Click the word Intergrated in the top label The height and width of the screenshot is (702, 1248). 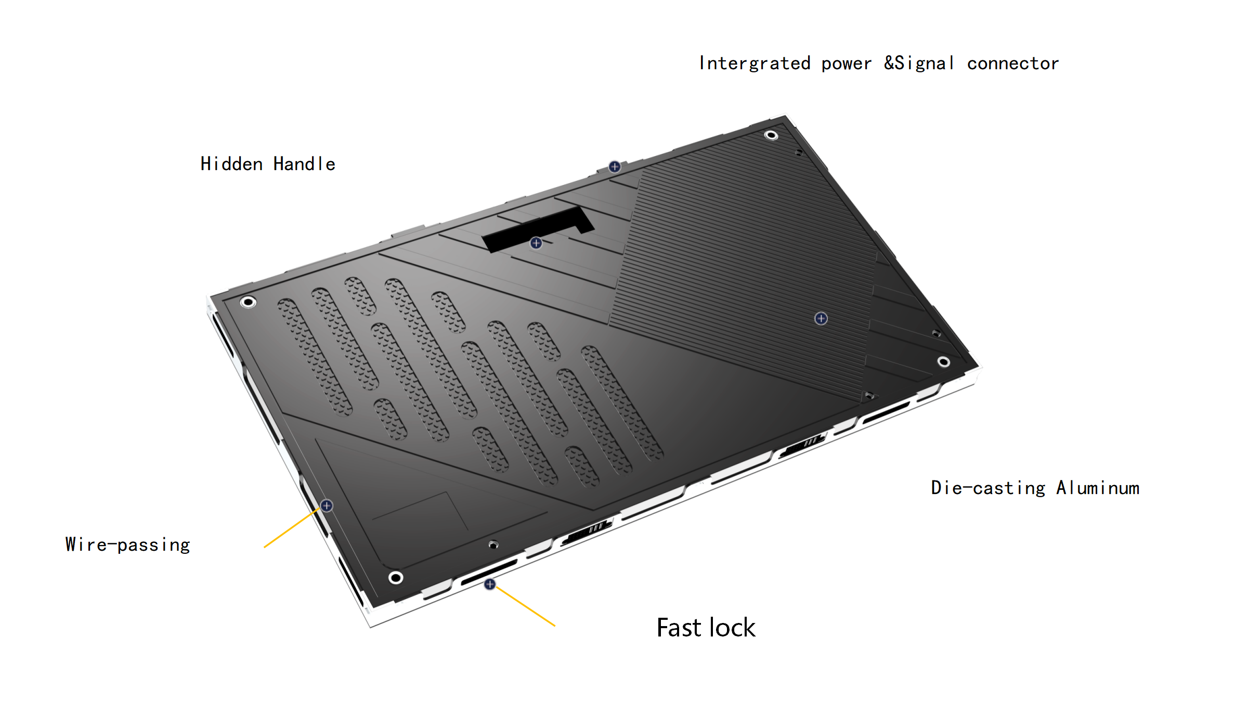pos(755,63)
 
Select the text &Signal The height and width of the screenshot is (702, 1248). pos(919,63)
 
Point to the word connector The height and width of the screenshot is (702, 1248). pos(1012,63)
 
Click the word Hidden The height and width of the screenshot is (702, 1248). pos(231,164)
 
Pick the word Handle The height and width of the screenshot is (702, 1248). pos(304,164)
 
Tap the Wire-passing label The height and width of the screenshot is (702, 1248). pos(128,544)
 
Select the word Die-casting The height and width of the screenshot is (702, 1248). pos(988,488)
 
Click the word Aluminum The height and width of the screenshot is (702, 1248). pos(1098,488)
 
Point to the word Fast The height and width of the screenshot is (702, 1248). pos(679,628)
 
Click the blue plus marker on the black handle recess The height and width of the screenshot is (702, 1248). pos(536,243)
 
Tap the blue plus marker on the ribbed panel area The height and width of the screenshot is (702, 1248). pos(821,318)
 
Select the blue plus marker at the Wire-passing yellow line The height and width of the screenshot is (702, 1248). pos(327,505)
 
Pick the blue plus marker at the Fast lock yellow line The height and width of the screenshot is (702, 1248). pos(490,584)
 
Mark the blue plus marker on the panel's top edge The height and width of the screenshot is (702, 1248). pos(615,166)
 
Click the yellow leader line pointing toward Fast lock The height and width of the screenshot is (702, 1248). pos(525,606)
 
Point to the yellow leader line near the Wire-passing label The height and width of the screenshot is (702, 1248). pos(292,528)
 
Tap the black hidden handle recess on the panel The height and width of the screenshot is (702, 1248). pos(538,229)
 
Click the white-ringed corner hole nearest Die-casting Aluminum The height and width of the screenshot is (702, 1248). pos(944,362)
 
